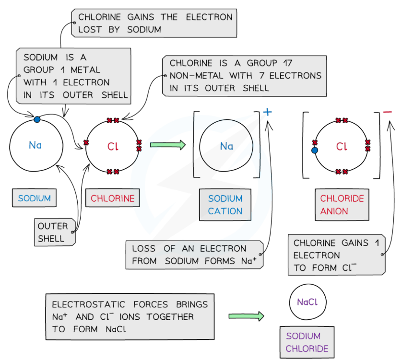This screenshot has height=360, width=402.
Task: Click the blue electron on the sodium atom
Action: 37,119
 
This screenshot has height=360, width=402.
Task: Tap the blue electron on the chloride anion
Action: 315,150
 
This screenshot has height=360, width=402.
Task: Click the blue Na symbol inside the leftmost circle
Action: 35,145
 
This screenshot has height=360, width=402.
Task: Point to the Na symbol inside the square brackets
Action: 226,146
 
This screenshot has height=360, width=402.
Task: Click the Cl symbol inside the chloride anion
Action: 342,147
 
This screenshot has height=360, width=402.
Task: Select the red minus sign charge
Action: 388,112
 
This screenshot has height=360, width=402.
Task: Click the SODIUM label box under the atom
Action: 35,198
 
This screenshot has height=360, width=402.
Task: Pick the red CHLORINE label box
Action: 113,198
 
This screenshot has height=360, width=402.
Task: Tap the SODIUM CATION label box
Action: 225,205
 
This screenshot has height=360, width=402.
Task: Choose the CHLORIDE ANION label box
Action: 342,205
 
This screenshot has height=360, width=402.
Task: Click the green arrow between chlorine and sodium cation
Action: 167,144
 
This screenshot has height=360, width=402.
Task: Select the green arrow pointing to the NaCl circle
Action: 246,316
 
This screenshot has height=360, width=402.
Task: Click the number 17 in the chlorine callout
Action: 284,63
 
